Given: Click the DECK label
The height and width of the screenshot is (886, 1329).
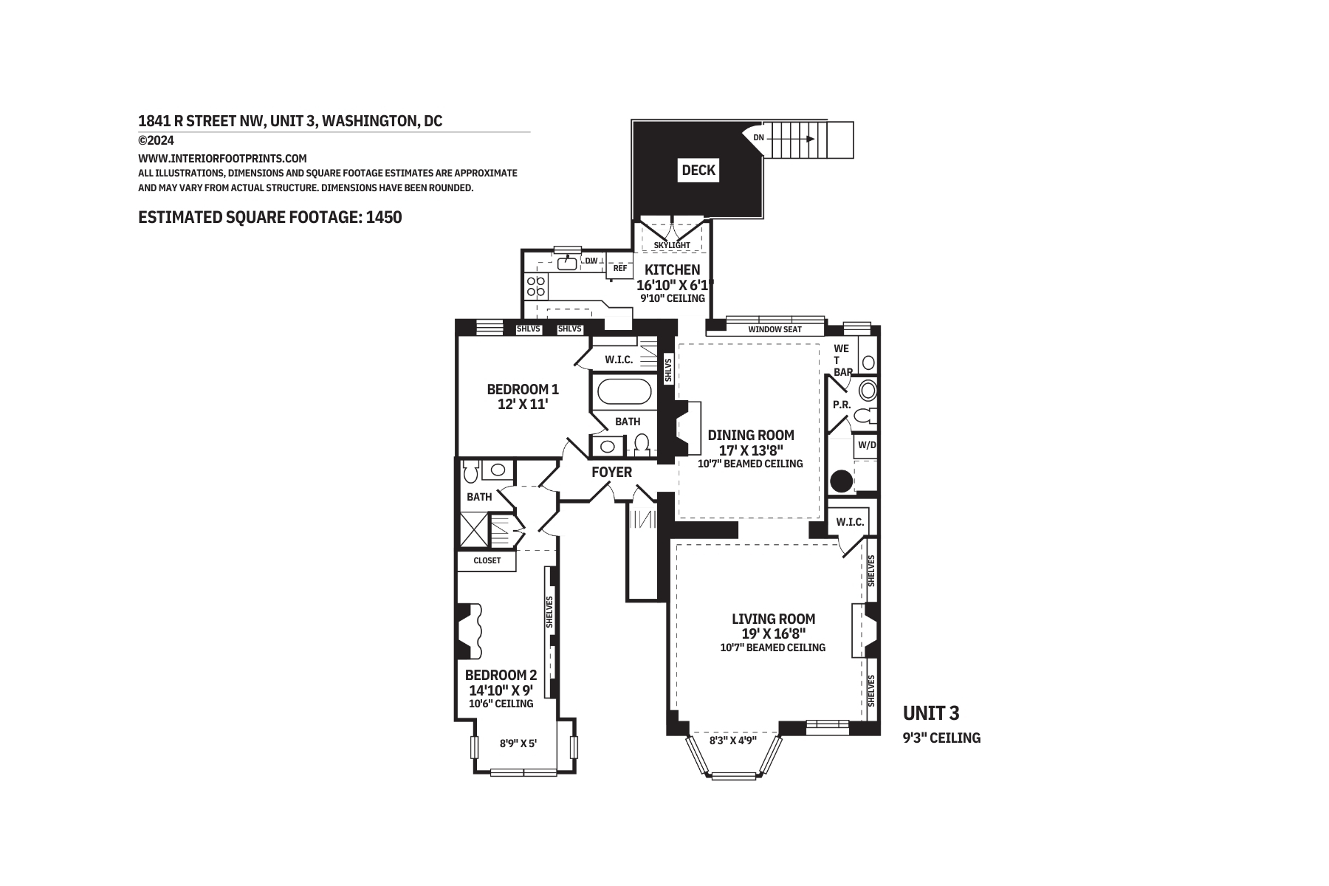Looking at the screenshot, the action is point(698,171).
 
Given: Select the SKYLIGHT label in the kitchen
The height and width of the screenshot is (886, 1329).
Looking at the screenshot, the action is point(672,245).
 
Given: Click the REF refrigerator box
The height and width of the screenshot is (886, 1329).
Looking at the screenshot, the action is point(620,269).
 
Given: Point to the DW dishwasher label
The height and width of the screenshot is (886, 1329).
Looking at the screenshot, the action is point(591,261).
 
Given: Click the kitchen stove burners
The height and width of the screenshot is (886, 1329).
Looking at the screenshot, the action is point(535,286).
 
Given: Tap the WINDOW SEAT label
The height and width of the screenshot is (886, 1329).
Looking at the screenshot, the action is point(775,329).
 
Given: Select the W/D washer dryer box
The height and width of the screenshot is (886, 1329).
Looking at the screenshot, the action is point(866,445).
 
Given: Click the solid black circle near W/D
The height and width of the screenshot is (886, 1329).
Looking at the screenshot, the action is point(842,481).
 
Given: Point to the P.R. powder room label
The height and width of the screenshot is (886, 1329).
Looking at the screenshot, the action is point(842,405).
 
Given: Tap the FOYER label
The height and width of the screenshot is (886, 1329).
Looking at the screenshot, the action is point(612,472).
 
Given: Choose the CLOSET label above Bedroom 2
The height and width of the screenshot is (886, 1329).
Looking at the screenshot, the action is point(487,560).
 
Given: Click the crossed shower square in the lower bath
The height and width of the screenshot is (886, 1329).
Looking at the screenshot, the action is point(474,529).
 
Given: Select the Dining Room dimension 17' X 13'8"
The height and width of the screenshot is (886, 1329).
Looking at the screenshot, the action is point(750,450).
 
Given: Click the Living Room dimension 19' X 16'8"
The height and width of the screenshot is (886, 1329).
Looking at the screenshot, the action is point(773,633).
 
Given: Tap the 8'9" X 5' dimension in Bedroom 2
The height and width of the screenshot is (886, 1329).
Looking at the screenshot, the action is point(518,744).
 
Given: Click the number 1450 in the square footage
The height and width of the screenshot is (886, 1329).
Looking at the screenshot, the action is point(384,217).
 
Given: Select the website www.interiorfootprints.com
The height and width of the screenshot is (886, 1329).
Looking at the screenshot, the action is point(222,158).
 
